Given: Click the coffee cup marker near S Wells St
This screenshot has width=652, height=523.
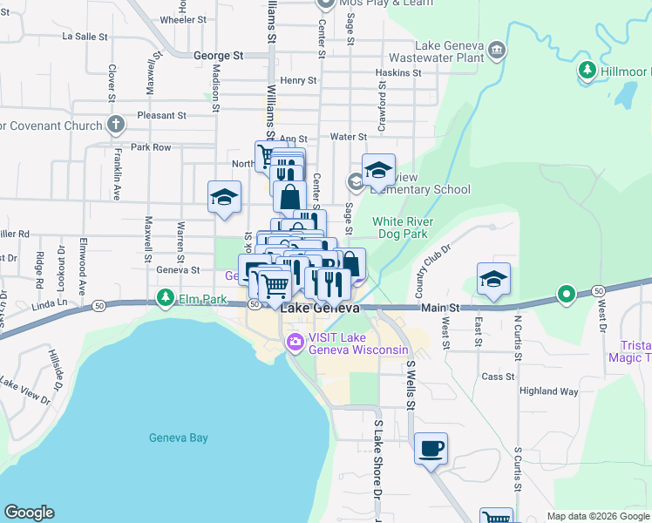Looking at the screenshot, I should [x=431, y=449].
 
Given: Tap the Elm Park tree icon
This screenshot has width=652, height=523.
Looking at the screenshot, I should [x=166, y=299].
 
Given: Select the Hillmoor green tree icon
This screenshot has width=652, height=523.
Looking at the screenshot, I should [x=587, y=70].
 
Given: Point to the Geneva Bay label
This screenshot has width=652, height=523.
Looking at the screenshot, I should [x=178, y=438].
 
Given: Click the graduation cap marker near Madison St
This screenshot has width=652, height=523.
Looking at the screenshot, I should [x=224, y=197].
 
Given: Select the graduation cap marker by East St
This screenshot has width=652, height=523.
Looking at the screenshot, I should [x=493, y=279].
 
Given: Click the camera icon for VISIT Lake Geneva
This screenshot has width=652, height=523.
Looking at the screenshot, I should [x=295, y=342].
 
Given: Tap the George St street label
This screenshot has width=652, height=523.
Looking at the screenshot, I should [x=218, y=55].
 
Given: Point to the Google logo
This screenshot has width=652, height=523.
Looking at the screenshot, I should [x=29, y=513].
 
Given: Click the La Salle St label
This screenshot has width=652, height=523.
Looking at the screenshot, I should [x=85, y=37].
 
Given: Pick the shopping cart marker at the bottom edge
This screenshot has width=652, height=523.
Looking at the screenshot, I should [x=496, y=515].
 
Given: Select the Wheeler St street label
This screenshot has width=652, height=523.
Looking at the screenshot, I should [x=183, y=18].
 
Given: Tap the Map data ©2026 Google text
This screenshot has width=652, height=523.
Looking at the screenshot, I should [x=597, y=516].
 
